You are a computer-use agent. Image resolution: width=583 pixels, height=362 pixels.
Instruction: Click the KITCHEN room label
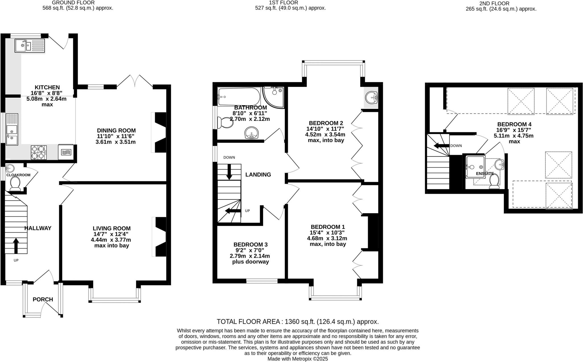click(x=47, y=87)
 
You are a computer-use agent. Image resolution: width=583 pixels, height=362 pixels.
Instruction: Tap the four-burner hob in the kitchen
click(x=39, y=152)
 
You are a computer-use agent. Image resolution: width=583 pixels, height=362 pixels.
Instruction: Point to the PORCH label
click(x=43, y=299)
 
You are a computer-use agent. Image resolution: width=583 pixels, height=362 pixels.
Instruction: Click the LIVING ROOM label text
click(x=112, y=228)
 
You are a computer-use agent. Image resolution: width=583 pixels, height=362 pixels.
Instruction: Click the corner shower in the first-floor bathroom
click(x=273, y=97)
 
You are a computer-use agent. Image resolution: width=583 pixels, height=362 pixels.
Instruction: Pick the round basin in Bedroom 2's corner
click(x=371, y=97)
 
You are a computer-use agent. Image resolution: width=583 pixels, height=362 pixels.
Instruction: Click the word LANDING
click(x=258, y=174)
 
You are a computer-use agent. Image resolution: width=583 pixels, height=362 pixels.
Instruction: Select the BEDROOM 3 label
click(x=251, y=245)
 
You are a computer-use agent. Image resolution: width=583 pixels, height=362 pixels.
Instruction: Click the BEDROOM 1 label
click(x=328, y=227)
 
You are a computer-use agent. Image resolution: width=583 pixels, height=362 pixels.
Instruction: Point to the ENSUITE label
click(x=485, y=173)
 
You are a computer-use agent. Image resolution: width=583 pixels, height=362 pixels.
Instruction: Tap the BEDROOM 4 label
click(x=514, y=124)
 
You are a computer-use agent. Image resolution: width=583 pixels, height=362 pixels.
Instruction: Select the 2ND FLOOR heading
click(x=501, y=4)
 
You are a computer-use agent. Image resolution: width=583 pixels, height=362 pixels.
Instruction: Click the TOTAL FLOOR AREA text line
click(x=297, y=322)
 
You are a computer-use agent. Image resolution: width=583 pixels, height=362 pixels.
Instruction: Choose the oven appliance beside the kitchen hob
click(x=65, y=152)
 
